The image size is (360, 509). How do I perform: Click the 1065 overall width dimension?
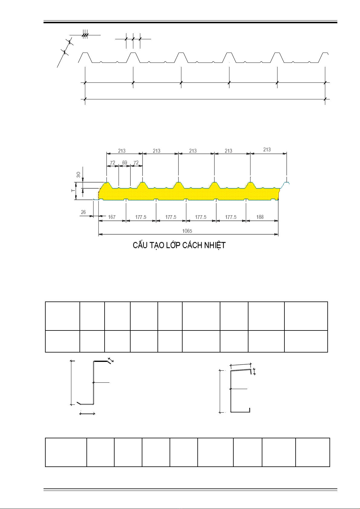coord(187,231)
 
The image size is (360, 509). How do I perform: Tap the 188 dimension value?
coord(260,217)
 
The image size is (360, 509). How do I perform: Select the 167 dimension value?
coord(112,217)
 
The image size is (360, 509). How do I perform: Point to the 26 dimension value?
coord(83,212)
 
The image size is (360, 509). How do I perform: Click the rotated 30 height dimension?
coord(79,175)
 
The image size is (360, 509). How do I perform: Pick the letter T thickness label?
coord(73,190)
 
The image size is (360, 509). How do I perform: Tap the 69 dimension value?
coord(125,163)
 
